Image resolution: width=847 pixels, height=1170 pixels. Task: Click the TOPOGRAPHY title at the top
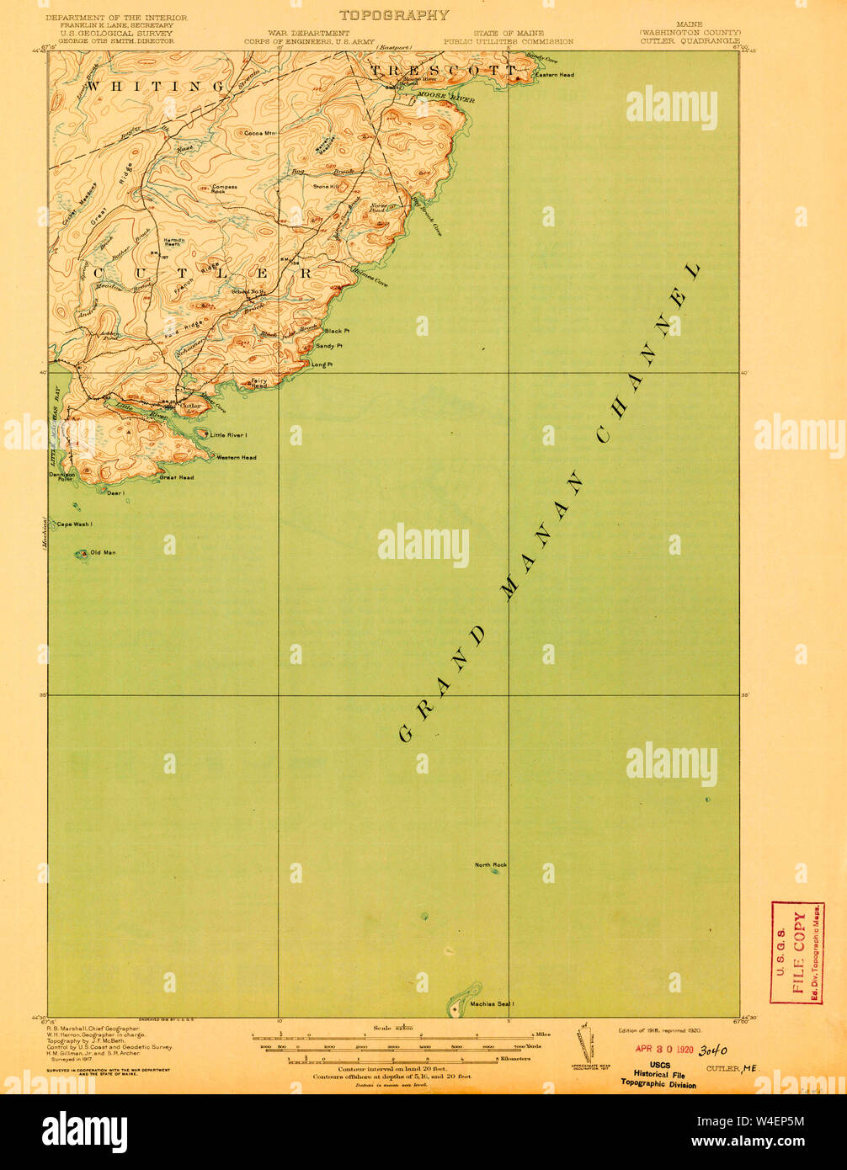[x=394, y=15]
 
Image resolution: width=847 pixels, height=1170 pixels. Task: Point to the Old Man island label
[x=104, y=552]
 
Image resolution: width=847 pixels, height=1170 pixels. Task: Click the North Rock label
[x=490, y=864]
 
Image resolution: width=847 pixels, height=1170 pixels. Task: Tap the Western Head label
[x=236, y=457]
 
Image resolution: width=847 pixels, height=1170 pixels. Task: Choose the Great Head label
[x=177, y=477]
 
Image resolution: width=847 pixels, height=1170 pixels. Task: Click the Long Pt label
[x=322, y=364]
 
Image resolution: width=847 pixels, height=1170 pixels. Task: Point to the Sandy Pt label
[x=328, y=346]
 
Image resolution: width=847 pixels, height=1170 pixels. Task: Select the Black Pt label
[x=336, y=331]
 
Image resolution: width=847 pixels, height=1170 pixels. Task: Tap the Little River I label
[x=229, y=435]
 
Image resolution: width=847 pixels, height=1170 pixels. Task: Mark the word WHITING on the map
[x=157, y=86]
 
